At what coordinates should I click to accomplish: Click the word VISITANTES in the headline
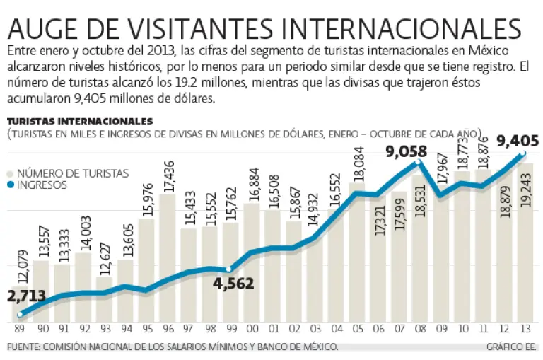[x=202, y=28]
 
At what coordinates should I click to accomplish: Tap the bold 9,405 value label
[x=518, y=141]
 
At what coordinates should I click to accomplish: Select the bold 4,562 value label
[x=230, y=284]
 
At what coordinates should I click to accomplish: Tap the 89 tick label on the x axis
[x=20, y=329]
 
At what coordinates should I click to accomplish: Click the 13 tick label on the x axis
[x=524, y=329]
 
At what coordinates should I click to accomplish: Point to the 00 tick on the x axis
[x=251, y=329]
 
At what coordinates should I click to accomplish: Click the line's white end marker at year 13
[x=524, y=153]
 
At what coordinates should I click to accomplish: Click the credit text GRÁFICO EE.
[x=510, y=347]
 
